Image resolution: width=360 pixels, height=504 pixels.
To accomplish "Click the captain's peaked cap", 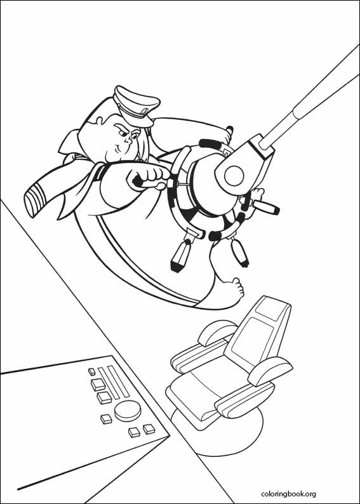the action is coord(136,106).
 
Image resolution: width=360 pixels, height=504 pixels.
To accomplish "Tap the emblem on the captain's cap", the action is coord(145,111).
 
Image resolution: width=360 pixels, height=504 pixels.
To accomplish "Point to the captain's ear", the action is coord(100,121).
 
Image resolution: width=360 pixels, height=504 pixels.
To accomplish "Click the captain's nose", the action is coord(128,140).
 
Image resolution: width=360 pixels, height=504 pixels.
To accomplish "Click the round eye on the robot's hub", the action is coord(234,176).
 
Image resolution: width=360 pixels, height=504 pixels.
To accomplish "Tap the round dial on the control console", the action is coord(128,411).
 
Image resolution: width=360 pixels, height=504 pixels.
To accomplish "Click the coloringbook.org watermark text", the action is coord(288,494).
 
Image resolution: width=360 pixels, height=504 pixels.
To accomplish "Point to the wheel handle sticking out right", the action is coord(265,208).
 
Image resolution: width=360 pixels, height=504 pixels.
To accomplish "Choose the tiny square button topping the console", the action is coord(92,371).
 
